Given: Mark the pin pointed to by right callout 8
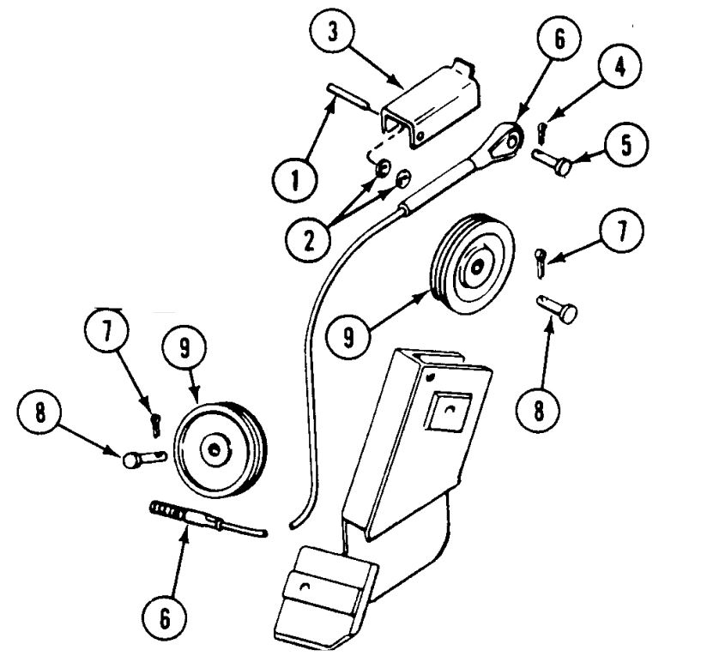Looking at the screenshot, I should (559, 307).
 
